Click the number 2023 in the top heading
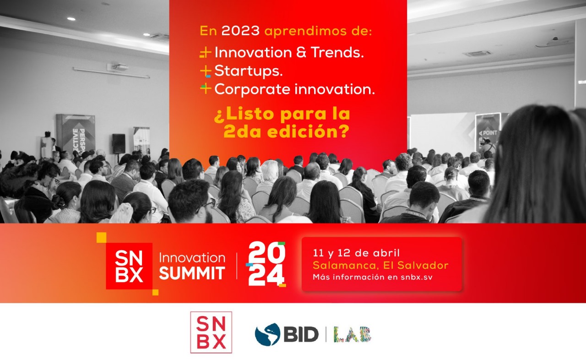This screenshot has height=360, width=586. pyautogui.click(x=240, y=31)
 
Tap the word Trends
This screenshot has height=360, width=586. pyautogui.click(x=337, y=52)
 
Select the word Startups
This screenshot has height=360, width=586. pyautogui.click(x=249, y=71)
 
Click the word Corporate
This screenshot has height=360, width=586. pyautogui.click(x=252, y=89)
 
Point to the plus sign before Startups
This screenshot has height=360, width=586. pyautogui.click(x=206, y=71)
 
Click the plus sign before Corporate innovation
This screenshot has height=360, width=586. pyautogui.click(x=206, y=89)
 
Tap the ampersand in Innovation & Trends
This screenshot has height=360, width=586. pyautogui.click(x=301, y=52)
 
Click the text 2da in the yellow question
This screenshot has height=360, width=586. pyautogui.click(x=241, y=131)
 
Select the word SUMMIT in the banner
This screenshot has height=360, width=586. pyautogui.click(x=192, y=273)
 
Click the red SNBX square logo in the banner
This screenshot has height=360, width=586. pyautogui.click(x=129, y=266)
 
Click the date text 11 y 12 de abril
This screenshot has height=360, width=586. pyautogui.click(x=356, y=253)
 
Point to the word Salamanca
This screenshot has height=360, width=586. pyautogui.click(x=345, y=265)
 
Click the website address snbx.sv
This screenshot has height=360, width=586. pyautogui.click(x=417, y=277)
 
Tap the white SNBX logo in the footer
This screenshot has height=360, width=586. pyautogui.click(x=211, y=332)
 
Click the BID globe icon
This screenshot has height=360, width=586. pyautogui.click(x=268, y=334)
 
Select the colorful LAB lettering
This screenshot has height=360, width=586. pyautogui.click(x=353, y=334)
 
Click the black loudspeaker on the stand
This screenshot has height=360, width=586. pyautogui.click(x=119, y=144)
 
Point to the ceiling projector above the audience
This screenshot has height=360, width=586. pyautogui.click(x=118, y=67)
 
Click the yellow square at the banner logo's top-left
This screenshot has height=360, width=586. pyautogui.click(x=102, y=237)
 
